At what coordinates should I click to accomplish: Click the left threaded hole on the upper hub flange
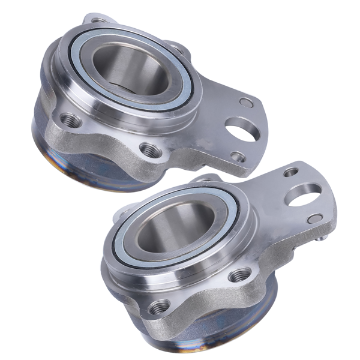tap(71, 121)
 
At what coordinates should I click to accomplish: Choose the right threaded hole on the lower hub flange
tap(240, 275)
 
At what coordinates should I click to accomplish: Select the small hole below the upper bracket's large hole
tap(238, 157)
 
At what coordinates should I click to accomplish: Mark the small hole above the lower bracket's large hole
tap(291, 172)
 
